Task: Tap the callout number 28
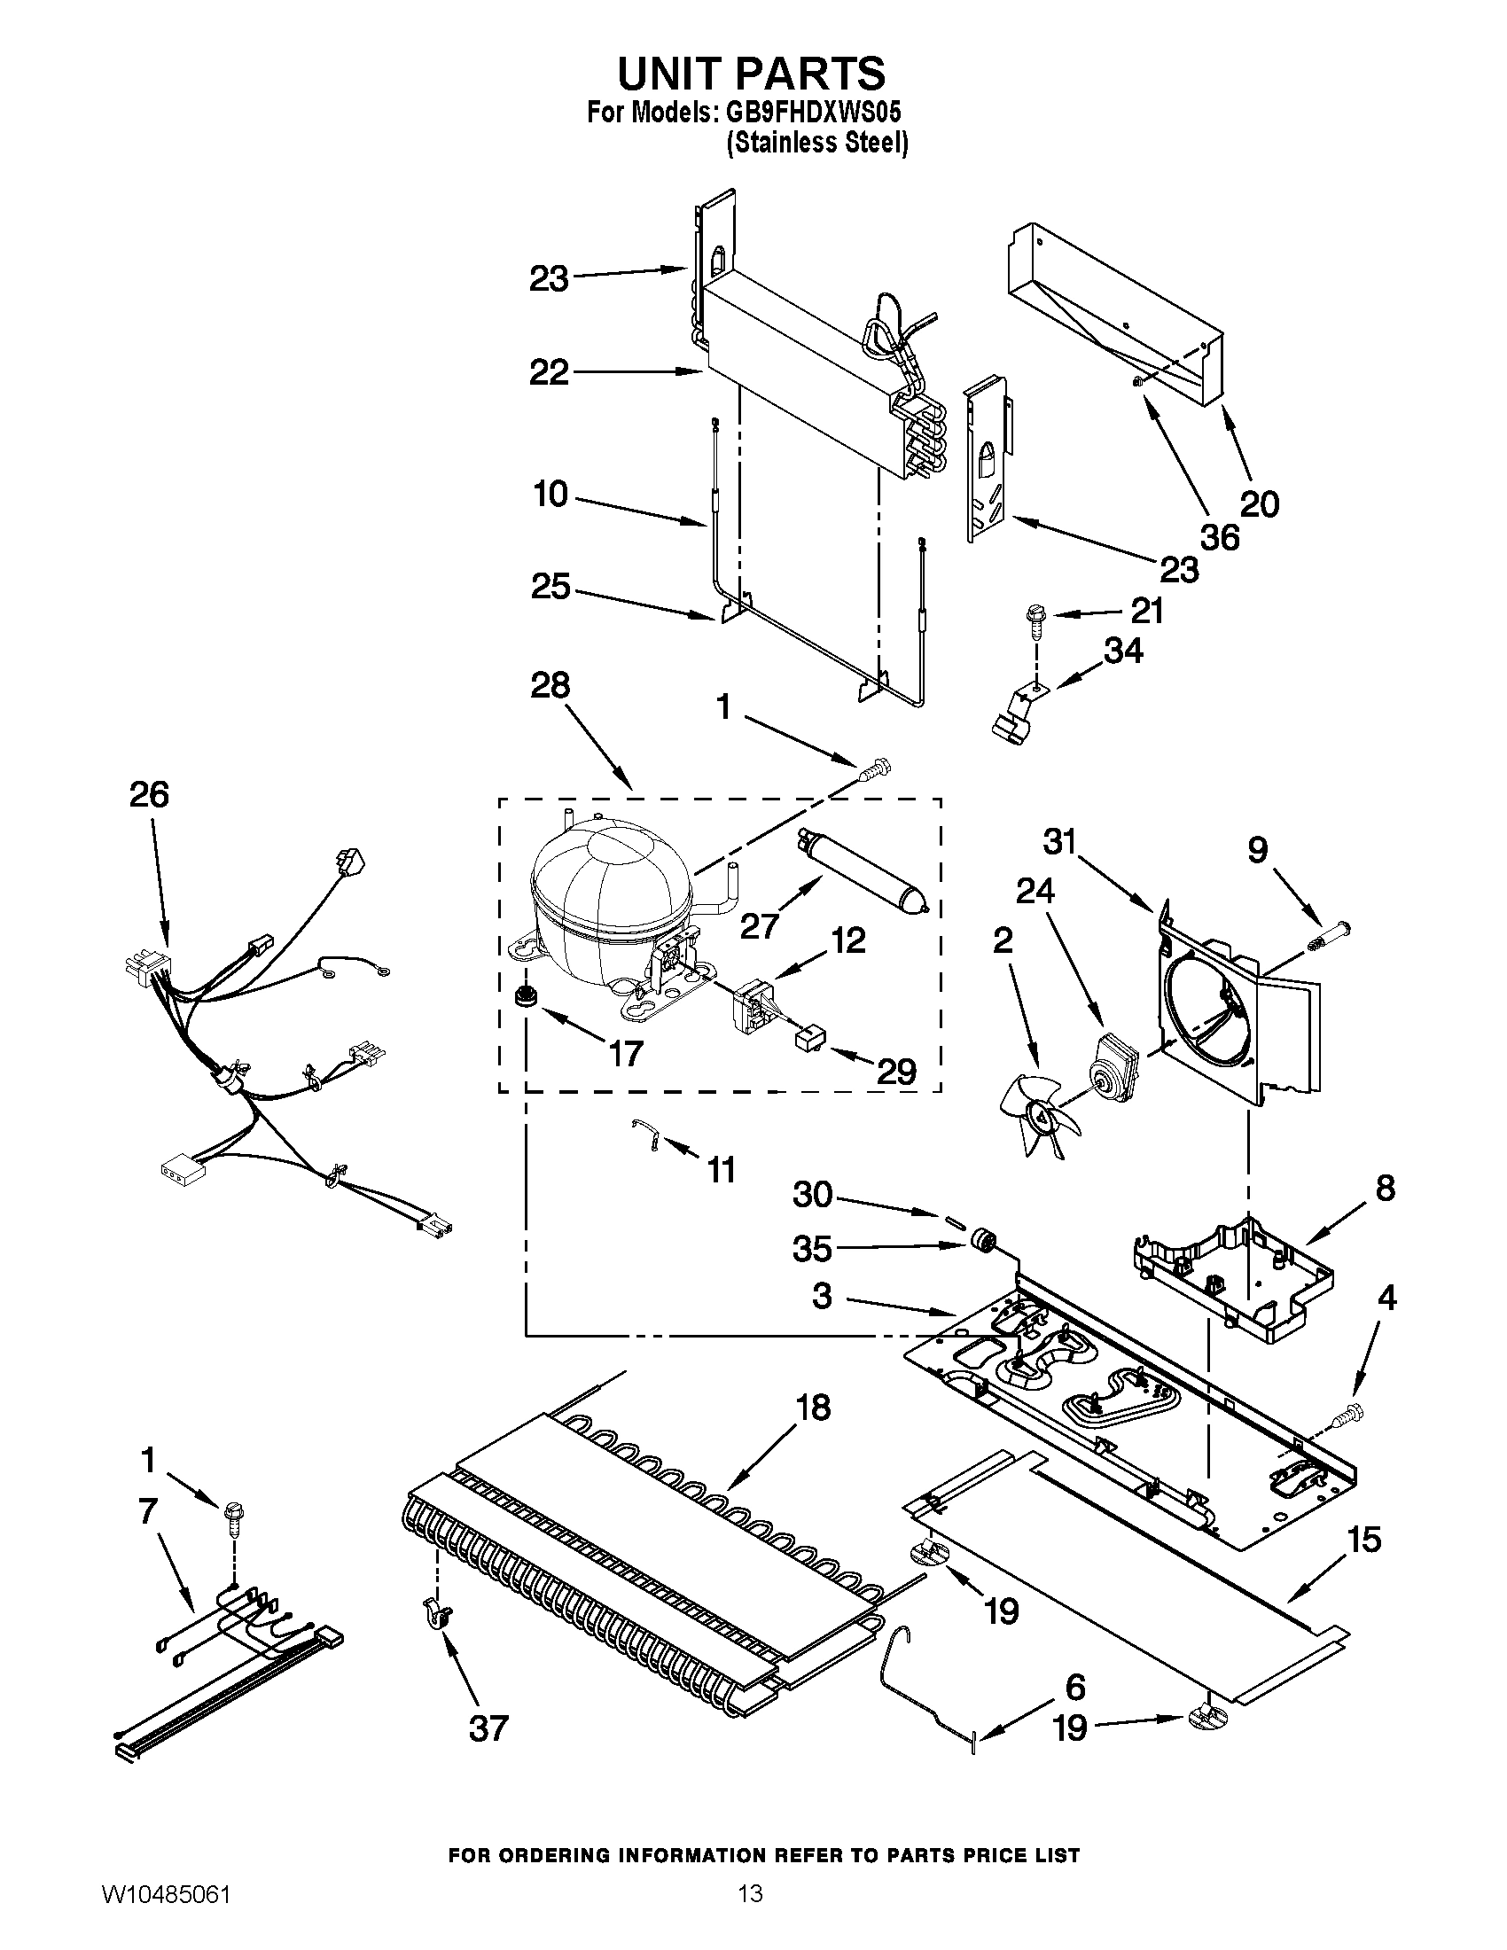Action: (x=550, y=686)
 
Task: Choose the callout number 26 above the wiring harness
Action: (x=149, y=794)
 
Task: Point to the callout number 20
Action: (x=1260, y=505)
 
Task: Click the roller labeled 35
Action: (x=984, y=1241)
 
